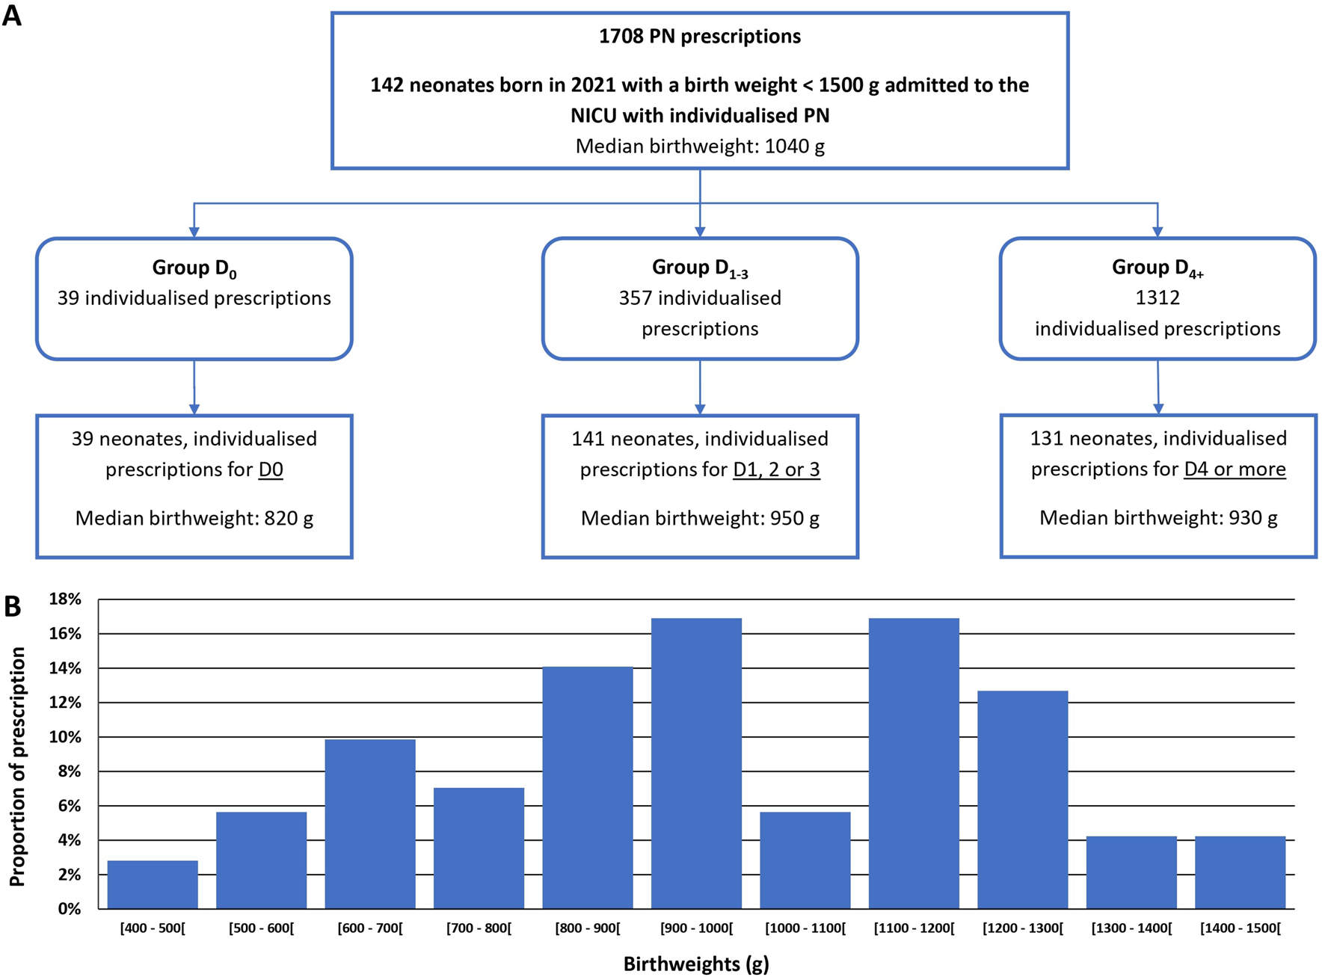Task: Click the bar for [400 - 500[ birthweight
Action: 153,884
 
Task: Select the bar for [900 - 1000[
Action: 696,763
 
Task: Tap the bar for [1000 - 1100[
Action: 805,860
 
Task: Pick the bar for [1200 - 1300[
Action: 1023,800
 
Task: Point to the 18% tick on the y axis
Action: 65,599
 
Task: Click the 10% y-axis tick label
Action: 65,737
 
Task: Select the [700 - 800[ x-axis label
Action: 479,928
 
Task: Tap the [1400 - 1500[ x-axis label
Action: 1240,928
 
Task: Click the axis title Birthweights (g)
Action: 696,964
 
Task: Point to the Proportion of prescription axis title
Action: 17,766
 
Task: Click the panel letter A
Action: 12,15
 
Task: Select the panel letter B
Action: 12,606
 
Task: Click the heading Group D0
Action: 194,268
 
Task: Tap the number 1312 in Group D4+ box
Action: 1158,298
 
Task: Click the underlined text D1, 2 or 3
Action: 776,469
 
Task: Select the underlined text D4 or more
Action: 1235,469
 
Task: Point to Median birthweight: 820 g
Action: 194,518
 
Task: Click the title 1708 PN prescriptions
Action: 699,36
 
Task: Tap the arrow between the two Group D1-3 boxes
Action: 700,387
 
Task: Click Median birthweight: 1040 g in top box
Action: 699,146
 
